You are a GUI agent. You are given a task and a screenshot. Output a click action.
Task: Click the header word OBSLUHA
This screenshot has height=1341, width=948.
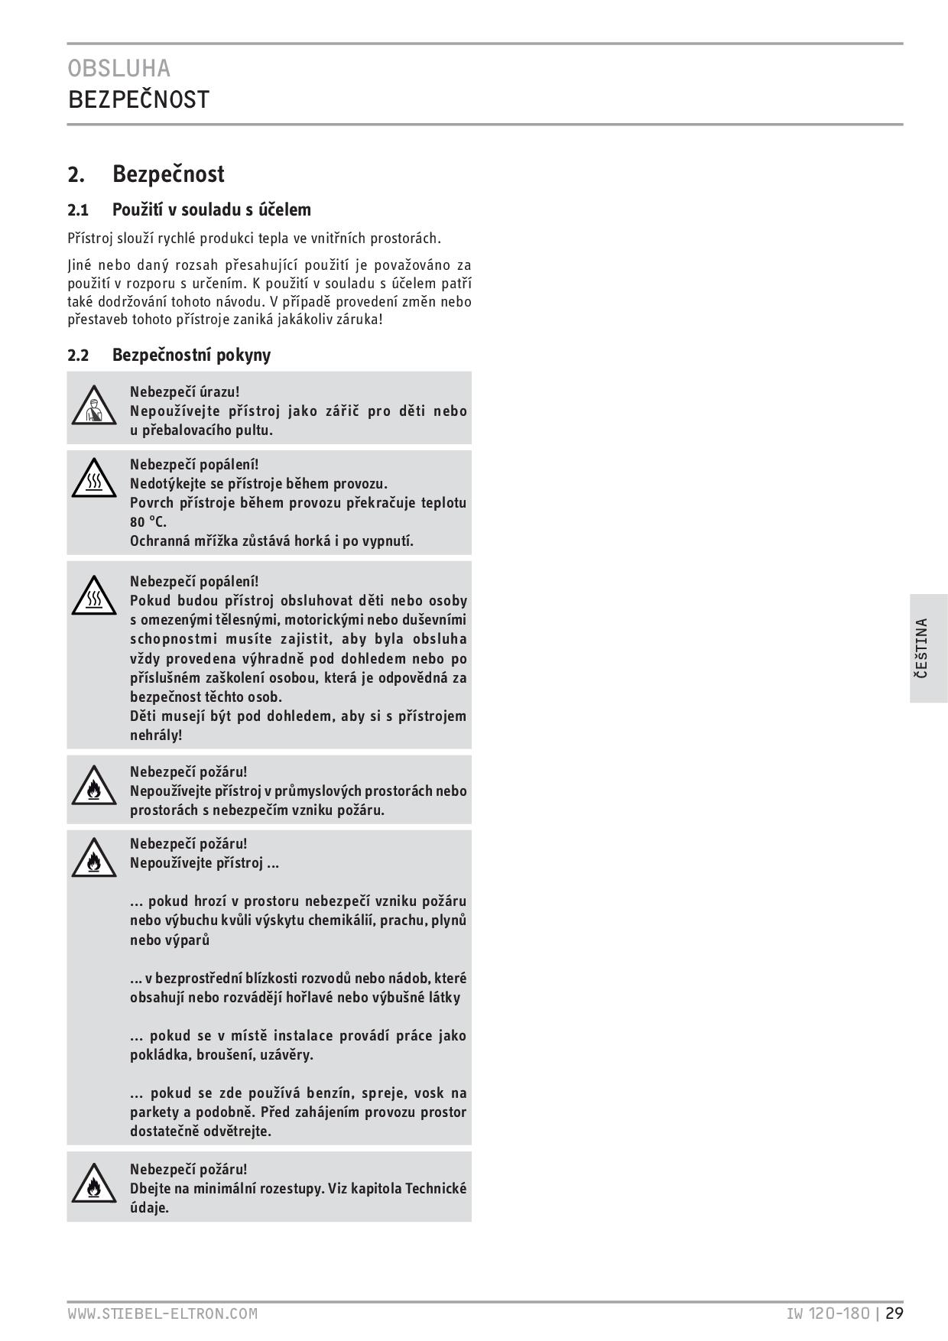click(119, 69)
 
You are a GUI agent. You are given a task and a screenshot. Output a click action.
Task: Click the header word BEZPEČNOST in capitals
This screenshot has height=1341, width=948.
click(138, 99)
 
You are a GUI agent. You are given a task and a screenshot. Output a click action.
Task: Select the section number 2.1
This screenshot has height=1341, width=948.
click(78, 210)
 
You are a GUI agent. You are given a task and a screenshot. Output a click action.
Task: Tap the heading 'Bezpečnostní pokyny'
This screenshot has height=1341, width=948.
click(191, 355)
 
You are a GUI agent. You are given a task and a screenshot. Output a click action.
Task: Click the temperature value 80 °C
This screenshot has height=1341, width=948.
click(148, 522)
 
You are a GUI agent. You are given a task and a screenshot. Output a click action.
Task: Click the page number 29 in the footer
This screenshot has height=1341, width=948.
click(895, 1313)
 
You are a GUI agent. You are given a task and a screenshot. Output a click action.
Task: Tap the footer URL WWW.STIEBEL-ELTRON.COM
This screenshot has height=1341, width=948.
click(162, 1313)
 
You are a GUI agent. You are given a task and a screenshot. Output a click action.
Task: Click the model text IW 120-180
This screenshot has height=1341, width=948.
click(828, 1313)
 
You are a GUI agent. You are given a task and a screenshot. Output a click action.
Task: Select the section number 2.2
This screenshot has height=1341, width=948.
click(78, 356)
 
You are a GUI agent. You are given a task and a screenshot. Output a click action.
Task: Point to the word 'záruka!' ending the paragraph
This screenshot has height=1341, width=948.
click(359, 319)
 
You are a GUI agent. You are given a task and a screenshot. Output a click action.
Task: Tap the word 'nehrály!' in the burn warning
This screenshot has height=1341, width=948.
click(156, 735)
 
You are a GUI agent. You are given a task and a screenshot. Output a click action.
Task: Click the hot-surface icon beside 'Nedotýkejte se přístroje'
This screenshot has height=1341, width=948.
click(93, 479)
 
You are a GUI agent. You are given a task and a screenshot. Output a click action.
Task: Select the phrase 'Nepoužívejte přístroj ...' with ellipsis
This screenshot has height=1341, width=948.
click(204, 863)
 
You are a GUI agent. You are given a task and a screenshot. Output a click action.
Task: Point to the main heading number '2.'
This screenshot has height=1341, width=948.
click(76, 174)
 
